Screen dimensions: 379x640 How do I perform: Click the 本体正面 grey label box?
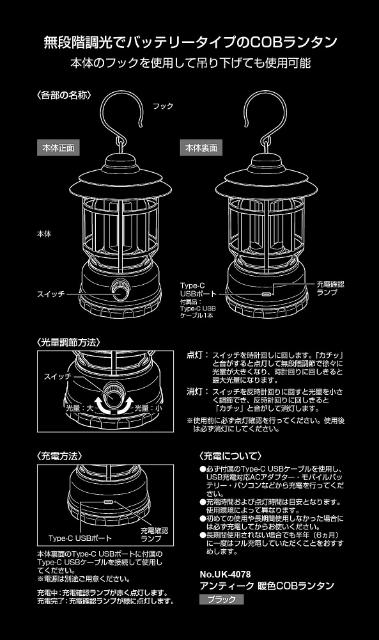[x=58, y=148]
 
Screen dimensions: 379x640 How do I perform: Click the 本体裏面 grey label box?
[x=201, y=148]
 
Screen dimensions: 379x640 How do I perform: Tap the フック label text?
[x=163, y=106]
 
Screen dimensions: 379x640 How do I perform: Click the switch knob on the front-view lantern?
[x=121, y=290]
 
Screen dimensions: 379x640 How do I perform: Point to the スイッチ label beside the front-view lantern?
[x=51, y=294]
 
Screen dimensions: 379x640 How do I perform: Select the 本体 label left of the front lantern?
[x=45, y=234]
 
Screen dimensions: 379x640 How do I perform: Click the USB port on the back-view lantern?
[x=267, y=294]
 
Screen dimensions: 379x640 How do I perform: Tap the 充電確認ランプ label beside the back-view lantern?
[x=330, y=288]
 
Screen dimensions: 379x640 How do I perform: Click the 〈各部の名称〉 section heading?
[x=63, y=95]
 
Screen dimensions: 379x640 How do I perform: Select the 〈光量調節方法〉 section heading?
[x=68, y=342]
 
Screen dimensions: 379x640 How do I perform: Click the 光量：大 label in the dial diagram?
[x=80, y=407]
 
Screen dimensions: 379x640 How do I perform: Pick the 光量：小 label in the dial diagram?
[x=149, y=407]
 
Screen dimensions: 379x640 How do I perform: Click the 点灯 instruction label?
[x=195, y=355]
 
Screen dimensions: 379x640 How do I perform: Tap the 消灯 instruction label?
[x=195, y=392]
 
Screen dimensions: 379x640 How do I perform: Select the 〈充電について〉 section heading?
[x=230, y=456]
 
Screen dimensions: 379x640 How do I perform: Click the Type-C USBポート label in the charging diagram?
[x=80, y=538]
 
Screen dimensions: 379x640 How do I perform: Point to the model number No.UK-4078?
[x=225, y=574]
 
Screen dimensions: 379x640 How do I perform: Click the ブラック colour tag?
[x=222, y=599]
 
